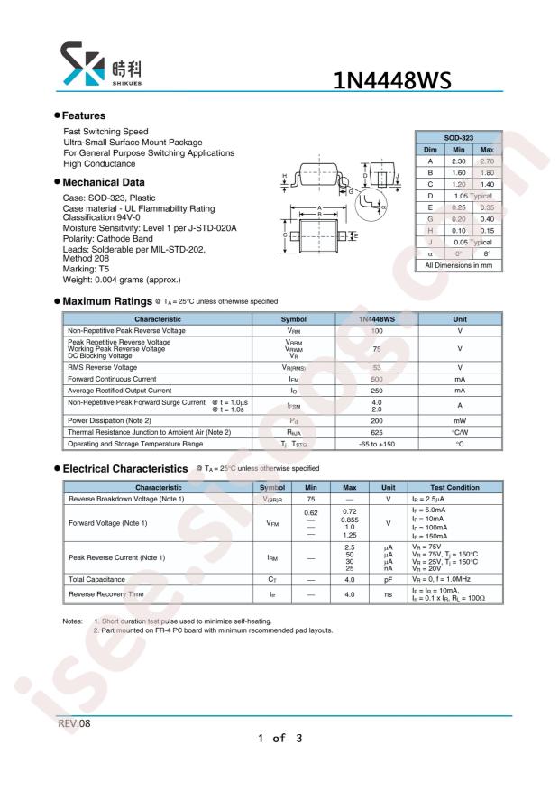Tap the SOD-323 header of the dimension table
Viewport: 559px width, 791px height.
pyautogui.click(x=460, y=137)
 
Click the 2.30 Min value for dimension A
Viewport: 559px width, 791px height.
pyautogui.click(x=458, y=161)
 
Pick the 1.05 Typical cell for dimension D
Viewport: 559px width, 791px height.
pyautogui.click(x=473, y=196)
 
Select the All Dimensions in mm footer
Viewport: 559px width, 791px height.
pyautogui.click(x=460, y=265)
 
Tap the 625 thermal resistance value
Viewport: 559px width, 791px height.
pyautogui.click(x=376, y=433)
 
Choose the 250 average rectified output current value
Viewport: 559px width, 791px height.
pyautogui.click(x=376, y=391)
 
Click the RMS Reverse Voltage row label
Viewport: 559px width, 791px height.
pyautogui.click(x=103, y=368)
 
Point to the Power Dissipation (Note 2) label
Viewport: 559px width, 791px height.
pyautogui.click(x=109, y=421)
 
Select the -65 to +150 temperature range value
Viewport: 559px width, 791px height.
pyautogui.click(x=376, y=445)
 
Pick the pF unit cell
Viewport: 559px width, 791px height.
pyautogui.click(x=388, y=579)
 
